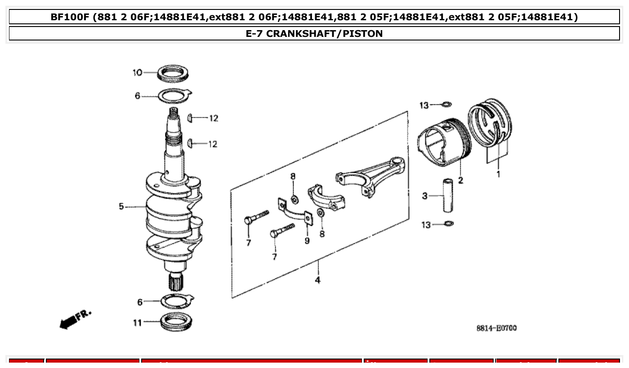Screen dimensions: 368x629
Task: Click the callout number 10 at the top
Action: [x=137, y=72]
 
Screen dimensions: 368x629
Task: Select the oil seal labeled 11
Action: [x=174, y=321]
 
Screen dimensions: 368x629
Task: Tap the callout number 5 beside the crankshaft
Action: [x=121, y=206]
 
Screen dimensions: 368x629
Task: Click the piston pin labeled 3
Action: [x=448, y=196]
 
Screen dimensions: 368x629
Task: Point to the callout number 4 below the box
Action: [x=317, y=280]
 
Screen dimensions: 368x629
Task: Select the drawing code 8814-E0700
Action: [x=496, y=328]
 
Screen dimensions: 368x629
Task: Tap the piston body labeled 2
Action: [x=443, y=142]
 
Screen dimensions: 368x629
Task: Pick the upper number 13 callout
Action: [x=424, y=105]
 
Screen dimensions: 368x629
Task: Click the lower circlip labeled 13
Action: [x=448, y=224]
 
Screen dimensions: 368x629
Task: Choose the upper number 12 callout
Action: [x=213, y=118]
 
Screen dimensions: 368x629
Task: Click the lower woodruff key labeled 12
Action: [x=190, y=143]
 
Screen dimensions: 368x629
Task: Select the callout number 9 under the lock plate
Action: [x=307, y=241]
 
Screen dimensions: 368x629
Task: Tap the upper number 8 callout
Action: [x=293, y=176]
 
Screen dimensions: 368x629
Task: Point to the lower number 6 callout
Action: [x=140, y=302]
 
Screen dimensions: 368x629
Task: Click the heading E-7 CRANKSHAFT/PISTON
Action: [x=314, y=34]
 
